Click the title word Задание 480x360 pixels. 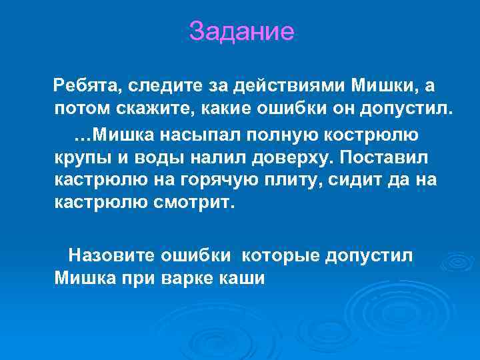pyautogui.click(x=241, y=31)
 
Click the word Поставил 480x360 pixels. pyautogui.click(x=392, y=159)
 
